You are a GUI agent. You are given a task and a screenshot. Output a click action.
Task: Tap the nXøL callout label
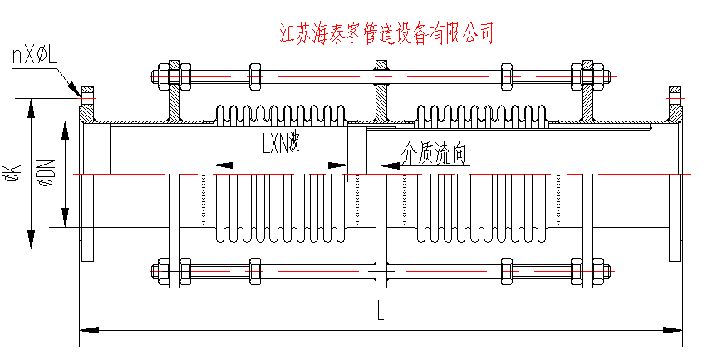(34, 57)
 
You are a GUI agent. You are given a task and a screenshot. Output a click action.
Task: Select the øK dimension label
(12, 173)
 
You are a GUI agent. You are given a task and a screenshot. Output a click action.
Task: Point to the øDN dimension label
(46, 173)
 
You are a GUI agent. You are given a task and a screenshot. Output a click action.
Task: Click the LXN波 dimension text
(280, 145)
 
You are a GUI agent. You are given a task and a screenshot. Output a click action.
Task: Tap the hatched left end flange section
(86, 103)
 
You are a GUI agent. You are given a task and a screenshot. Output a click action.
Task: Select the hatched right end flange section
(676, 103)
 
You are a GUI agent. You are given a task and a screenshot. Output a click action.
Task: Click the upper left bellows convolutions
(281, 116)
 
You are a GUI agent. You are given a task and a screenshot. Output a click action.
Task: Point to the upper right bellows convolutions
(481, 116)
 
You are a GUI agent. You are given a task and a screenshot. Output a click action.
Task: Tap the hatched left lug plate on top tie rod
(175, 96)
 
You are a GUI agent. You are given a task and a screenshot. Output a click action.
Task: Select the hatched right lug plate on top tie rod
(588, 96)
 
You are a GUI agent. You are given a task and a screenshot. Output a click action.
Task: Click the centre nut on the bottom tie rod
(381, 270)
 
